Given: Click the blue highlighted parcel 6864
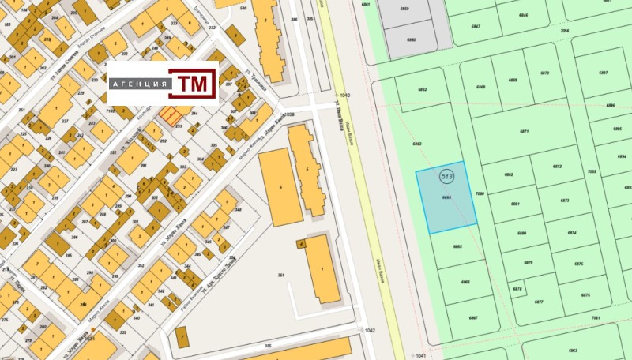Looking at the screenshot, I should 447,197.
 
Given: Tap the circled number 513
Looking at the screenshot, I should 447,176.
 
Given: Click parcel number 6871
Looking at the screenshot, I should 524,132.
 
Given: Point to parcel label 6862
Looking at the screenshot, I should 422,90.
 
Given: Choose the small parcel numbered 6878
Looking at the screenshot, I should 517,289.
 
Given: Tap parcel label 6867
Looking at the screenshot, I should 473,318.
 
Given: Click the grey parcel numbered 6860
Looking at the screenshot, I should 411,39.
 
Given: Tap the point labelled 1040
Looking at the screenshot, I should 344,96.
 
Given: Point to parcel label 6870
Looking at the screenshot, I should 544,73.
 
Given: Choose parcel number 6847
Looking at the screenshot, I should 475,26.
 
